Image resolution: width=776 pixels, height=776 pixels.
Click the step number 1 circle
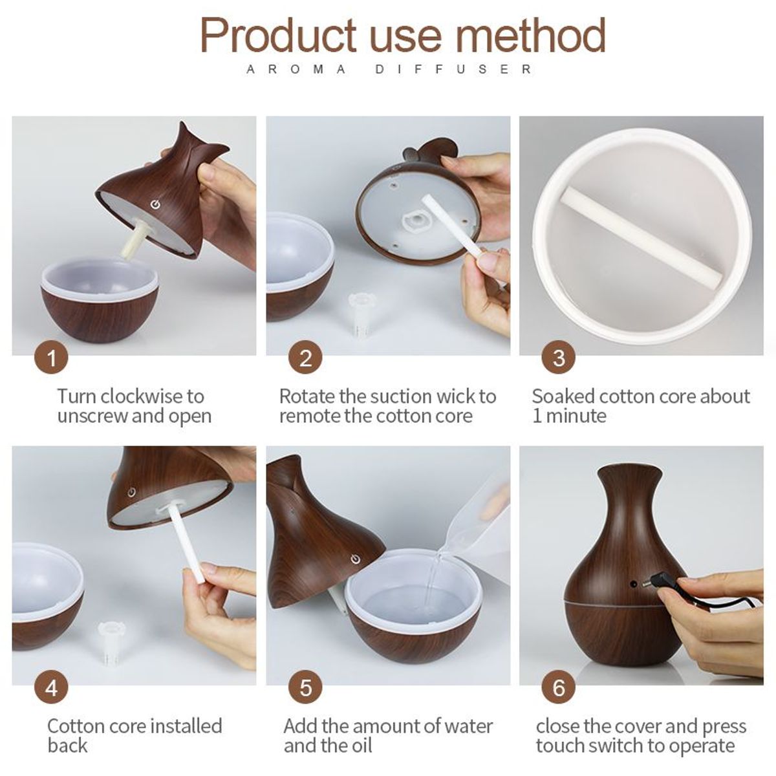pos(51,358)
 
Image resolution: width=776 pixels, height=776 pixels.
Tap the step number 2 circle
pos(305,358)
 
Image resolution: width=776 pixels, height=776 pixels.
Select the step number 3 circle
pos(559,358)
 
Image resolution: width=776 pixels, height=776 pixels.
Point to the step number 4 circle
pos(51,687)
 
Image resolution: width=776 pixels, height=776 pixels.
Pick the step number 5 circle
pos(305,687)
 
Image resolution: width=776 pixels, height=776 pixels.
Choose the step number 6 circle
pos(559,687)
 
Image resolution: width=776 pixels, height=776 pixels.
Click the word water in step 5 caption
pos(463,726)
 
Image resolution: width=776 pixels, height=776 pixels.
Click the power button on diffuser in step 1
pos(155,205)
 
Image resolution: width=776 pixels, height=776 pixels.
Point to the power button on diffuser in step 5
pos(354,559)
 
